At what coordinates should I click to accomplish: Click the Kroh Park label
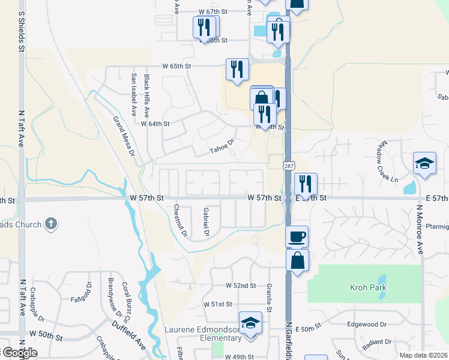pos(368,288)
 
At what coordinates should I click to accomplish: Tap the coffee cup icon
pos(297,236)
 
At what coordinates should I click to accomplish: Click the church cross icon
pos(51,224)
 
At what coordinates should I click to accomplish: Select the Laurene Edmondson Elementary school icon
pos(250,323)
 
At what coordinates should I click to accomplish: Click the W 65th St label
pos(176,66)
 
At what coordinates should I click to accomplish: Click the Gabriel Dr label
pos(206,221)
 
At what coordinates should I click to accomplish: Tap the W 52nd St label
pos(241,286)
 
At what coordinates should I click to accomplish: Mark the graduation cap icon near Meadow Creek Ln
pos(424,164)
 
